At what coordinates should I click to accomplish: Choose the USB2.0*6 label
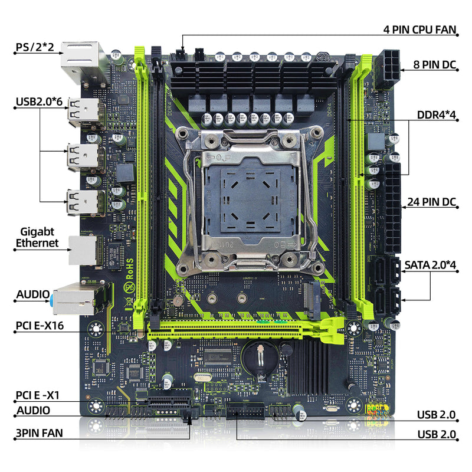pos(40,102)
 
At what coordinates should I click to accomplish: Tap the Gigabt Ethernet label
pos(38,237)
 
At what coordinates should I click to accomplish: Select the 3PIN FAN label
pos(40,432)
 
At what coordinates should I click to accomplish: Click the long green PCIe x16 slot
pos(242,328)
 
